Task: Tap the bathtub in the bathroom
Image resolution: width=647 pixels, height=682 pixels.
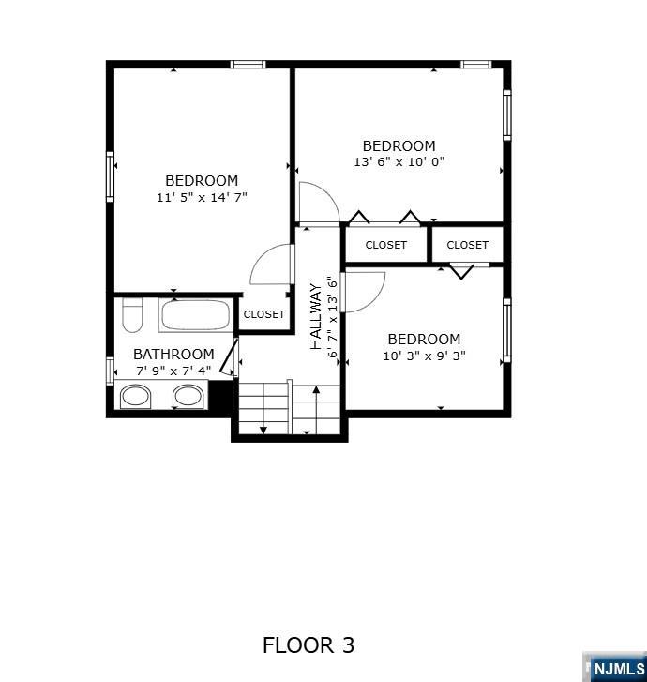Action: click(195, 314)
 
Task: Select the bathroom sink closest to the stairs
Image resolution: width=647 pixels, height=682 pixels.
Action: click(188, 397)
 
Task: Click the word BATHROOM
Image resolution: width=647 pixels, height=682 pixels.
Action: click(173, 355)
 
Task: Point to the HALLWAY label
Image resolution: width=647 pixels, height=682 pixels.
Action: click(316, 317)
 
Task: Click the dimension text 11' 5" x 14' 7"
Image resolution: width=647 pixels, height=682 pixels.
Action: click(202, 198)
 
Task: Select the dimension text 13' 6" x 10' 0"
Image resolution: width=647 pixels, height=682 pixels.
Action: click(399, 162)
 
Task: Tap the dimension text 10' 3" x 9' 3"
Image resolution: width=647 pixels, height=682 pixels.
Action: click(424, 356)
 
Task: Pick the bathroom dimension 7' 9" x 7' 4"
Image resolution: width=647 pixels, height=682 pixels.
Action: click(173, 371)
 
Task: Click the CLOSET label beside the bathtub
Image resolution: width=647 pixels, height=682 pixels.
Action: click(263, 314)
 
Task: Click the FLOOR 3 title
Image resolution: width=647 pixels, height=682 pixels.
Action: click(308, 645)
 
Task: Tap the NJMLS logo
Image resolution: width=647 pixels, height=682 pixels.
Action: click(617, 668)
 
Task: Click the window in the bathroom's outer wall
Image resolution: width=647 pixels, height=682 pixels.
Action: click(110, 371)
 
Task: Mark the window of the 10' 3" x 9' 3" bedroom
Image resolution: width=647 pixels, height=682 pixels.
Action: click(506, 330)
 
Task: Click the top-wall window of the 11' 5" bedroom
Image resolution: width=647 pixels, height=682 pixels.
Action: click(248, 64)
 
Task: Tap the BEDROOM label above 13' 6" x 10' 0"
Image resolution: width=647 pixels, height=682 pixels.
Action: click(399, 146)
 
